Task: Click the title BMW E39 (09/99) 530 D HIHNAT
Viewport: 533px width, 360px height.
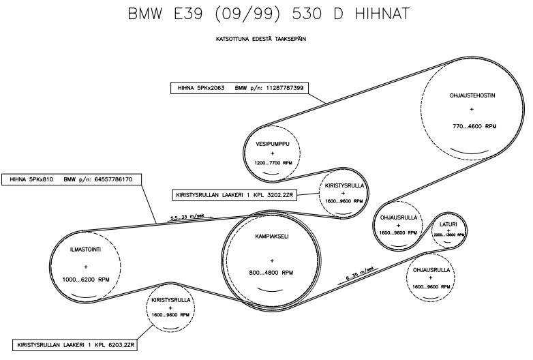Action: coord(266,14)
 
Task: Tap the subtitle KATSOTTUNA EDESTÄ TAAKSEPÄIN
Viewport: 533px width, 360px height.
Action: coord(260,40)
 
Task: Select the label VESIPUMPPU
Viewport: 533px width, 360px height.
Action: coord(273,145)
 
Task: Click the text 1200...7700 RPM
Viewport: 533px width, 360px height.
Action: coord(273,164)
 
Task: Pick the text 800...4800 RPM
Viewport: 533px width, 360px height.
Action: coord(271,273)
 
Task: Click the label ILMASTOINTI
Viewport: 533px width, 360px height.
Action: coord(86,250)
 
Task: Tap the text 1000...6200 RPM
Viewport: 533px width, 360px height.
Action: coord(86,280)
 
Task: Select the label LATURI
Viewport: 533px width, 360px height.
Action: coord(448,224)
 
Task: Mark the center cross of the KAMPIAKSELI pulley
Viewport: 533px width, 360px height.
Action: coord(271,260)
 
